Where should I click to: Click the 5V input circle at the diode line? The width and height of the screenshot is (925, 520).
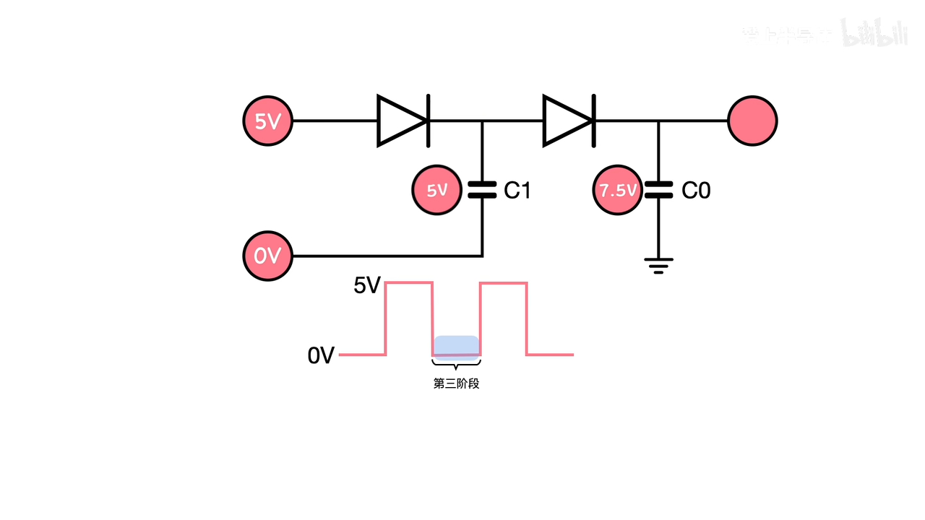point(268,121)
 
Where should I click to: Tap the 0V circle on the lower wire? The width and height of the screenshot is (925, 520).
point(268,256)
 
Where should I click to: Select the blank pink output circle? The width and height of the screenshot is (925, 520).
point(752,121)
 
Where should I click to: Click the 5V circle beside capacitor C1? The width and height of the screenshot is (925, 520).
point(436,191)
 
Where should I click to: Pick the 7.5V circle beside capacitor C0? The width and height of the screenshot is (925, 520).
point(618,191)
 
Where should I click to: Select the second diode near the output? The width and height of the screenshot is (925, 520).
point(569,121)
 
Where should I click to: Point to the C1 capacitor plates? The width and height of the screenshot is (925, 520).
point(482,191)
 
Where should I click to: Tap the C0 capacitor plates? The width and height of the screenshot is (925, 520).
point(658,191)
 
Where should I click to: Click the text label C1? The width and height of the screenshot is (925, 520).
point(517,191)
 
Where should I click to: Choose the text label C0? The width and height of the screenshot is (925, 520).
point(696,191)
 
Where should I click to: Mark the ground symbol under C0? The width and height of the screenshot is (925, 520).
point(658,266)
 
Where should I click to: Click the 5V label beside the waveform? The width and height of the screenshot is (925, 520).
point(366,286)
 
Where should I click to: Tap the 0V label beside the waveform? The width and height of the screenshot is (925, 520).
point(321,355)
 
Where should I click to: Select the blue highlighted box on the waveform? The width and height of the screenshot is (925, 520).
point(456,347)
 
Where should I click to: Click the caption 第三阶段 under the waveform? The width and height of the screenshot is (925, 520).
point(456,383)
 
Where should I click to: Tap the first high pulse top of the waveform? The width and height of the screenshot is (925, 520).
point(409,284)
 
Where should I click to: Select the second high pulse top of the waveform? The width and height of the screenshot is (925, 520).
point(504,284)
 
